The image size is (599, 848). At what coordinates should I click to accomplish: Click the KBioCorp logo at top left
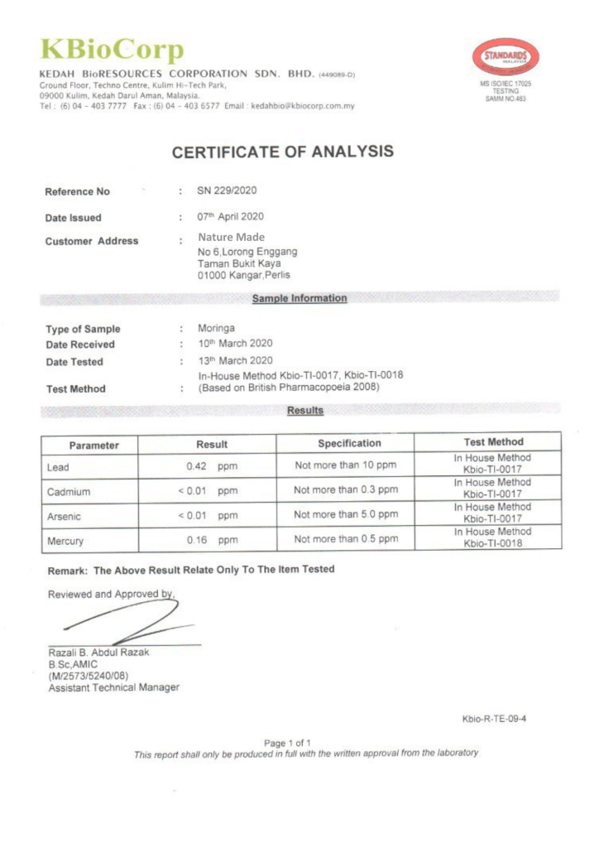113,51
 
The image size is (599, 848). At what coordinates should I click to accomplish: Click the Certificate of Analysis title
282,152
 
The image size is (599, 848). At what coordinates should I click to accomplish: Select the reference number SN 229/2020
227,191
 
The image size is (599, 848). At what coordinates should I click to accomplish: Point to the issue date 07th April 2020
230,217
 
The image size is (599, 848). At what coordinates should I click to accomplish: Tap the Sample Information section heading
299,298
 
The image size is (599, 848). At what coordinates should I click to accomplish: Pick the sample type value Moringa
216,328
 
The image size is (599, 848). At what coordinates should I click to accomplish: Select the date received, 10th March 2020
235,344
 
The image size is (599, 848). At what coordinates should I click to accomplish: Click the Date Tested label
74,362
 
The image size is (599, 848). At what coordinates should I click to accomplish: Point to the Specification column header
350,443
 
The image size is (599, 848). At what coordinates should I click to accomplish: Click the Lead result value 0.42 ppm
212,466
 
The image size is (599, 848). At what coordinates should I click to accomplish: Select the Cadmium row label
69,492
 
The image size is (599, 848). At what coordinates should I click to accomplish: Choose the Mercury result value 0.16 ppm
212,540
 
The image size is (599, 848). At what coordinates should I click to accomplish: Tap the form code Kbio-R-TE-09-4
494,718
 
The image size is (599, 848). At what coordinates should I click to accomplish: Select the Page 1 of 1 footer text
287,743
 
